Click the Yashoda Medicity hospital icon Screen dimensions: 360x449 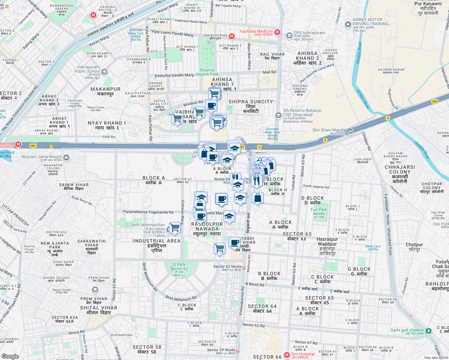point(277,32)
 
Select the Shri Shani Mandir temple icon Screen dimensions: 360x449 point(350,131)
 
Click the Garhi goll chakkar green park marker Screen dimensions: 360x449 point(429,331)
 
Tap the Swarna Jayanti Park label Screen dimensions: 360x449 point(207,72)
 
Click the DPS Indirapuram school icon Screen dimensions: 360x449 point(289,36)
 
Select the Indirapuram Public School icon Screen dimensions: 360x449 point(104,72)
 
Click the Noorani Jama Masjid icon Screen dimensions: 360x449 point(66,157)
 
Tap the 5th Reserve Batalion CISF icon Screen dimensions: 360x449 point(278,115)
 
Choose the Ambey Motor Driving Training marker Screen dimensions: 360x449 point(348,25)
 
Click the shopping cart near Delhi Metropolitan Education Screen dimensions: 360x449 point(175,228)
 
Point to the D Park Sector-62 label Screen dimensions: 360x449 point(179,268)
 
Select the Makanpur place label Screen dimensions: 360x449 point(105,91)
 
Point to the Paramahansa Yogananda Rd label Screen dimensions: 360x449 point(148,212)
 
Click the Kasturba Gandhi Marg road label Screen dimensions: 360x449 point(174,75)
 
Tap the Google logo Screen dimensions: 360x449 point(10,356)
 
